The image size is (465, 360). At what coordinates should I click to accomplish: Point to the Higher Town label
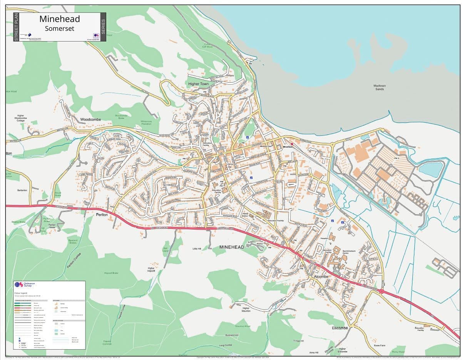pyautogui.click(x=198, y=84)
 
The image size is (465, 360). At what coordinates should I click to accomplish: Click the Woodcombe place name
pyautogui.click(x=90, y=120)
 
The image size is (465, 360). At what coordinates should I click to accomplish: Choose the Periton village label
pyautogui.click(x=102, y=215)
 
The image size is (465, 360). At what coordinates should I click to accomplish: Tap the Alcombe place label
pyautogui.click(x=321, y=277)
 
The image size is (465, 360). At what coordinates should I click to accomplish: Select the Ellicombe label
pyautogui.click(x=340, y=328)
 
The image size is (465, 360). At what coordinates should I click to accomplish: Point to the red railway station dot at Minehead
pyautogui.click(x=292, y=144)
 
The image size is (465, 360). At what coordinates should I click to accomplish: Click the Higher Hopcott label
pyautogui.click(x=151, y=269)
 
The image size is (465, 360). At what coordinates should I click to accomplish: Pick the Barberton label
pyautogui.click(x=22, y=190)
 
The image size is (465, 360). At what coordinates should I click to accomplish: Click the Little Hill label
pyautogui.click(x=197, y=249)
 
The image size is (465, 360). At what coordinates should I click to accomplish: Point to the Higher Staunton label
pyautogui.click(x=246, y=309)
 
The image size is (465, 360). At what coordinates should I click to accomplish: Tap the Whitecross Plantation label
pyautogui.click(x=146, y=122)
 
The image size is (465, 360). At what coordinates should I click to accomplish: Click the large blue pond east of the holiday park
pyautogui.click(x=430, y=169)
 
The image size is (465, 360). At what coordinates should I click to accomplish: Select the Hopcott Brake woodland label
pyautogui.click(x=111, y=273)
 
